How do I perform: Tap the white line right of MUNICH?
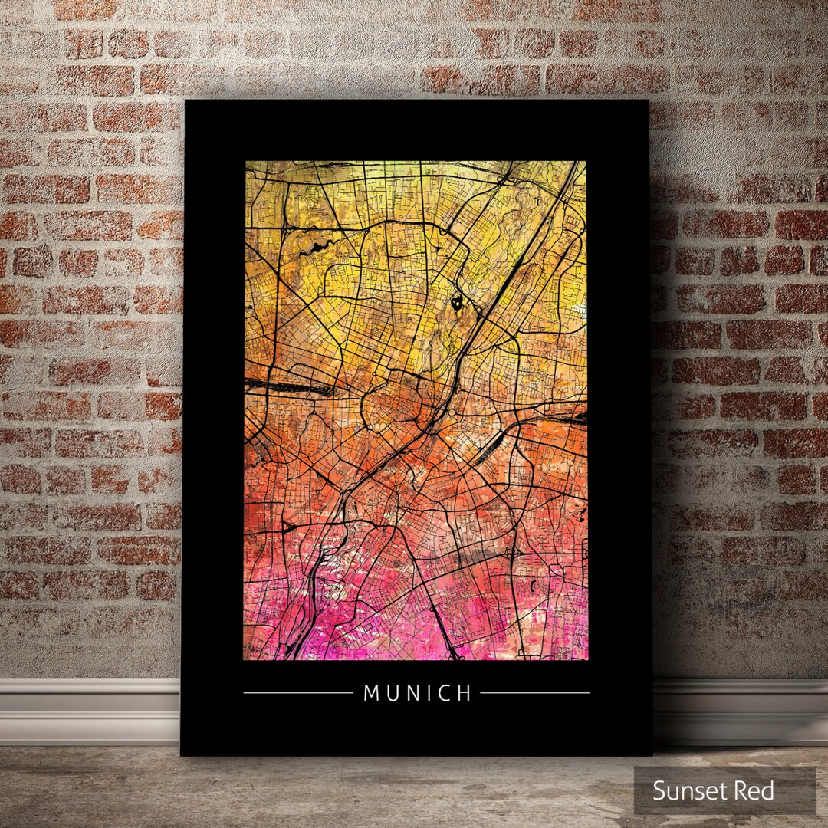(x=534, y=693)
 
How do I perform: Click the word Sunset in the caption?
(x=685, y=790)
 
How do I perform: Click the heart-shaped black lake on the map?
(x=458, y=303)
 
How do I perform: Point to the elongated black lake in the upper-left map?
(x=314, y=247)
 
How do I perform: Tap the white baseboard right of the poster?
(x=740, y=709)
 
